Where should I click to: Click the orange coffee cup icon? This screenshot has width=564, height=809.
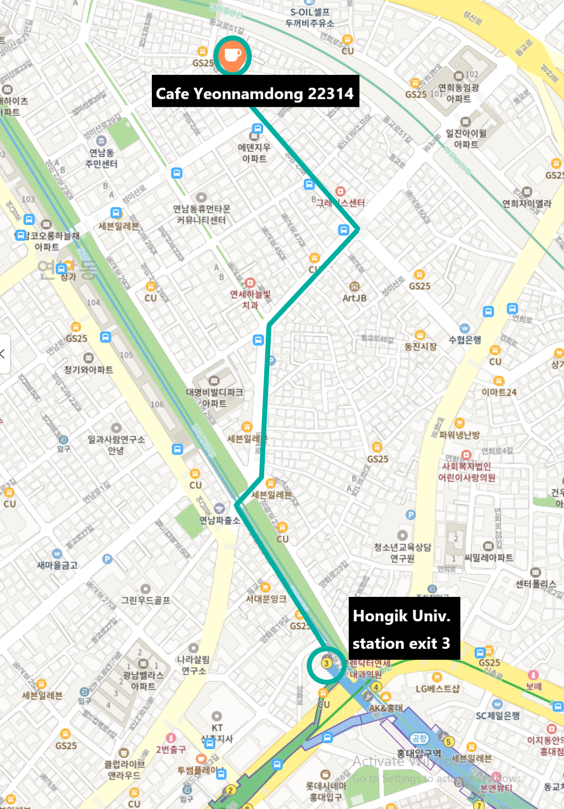232,54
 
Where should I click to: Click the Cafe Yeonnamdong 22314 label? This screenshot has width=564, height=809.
255,93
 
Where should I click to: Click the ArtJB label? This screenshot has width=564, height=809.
355,298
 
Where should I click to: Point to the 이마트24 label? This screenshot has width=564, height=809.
499,392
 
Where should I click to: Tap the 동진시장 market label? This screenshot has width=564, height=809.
420,346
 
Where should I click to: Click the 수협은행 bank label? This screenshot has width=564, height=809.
465,340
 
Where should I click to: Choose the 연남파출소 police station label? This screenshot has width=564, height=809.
219,520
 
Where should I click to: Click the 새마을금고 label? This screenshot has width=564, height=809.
57,565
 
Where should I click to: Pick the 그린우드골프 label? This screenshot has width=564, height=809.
145,600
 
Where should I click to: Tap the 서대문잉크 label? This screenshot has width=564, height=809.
266,598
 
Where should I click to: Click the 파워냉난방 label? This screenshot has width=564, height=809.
459,435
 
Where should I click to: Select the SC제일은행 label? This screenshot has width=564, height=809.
498,716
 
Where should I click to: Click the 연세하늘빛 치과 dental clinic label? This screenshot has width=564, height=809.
250,299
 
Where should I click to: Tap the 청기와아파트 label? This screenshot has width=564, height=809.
88,369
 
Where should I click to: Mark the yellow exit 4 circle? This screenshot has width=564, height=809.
376,687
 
